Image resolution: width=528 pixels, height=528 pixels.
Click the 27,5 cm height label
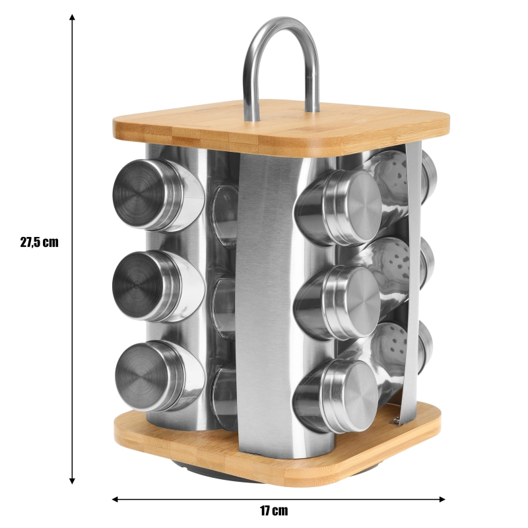click(x=40, y=242)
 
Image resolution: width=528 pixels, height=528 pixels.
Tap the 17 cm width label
click(x=274, y=511)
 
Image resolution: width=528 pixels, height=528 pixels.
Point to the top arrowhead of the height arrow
click(x=72, y=17)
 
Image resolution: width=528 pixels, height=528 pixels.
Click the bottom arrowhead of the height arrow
click(x=72, y=480)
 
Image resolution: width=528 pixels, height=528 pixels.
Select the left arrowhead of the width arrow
click(x=115, y=499)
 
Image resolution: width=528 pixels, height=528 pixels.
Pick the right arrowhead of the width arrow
click(x=442, y=499)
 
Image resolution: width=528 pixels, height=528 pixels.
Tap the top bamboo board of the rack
click(x=280, y=129)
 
